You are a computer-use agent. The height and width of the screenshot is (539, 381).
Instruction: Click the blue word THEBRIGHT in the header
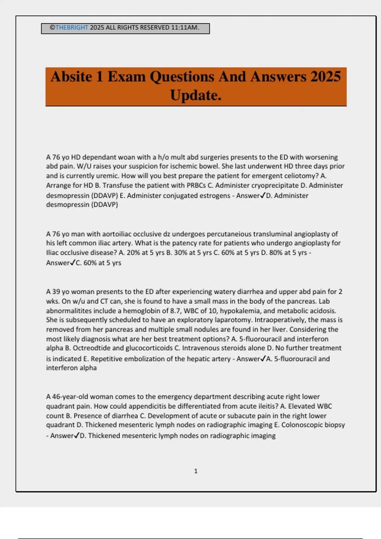pyautogui.click(x=71, y=28)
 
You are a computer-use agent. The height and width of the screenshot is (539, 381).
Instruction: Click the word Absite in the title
pyautogui.click(x=72, y=77)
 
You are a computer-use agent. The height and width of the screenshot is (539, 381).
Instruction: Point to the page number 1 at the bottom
pyautogui.click(x=196, y=471)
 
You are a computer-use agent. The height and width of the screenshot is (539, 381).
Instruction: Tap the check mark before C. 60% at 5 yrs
pyautogui.click(x=73, y=263)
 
